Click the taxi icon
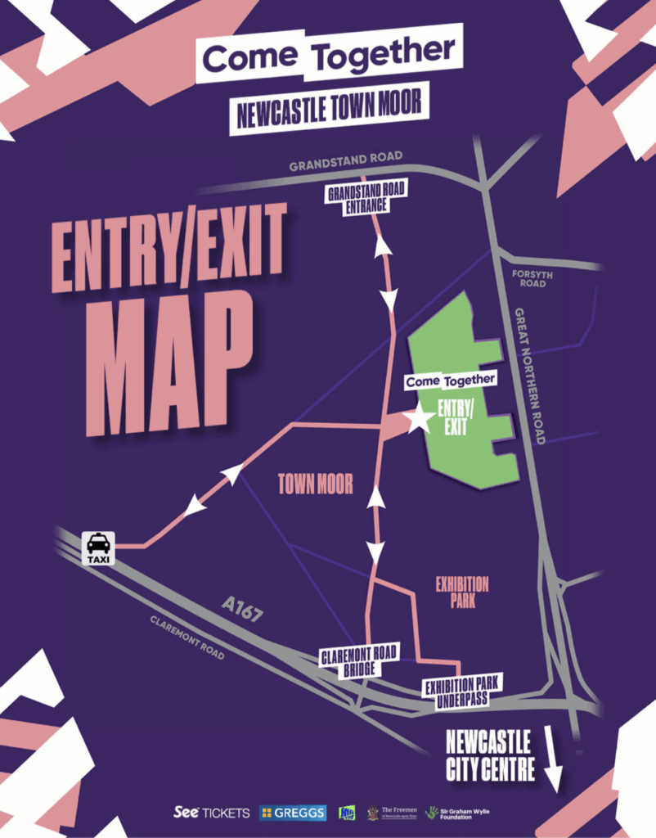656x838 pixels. click(98, 547)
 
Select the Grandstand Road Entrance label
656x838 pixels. click(367, 198)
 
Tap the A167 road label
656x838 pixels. click(242, 610)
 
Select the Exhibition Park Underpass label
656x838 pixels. click(462, 690)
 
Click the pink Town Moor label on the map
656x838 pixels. click(316, 484)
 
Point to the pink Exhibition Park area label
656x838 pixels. click(462, 593)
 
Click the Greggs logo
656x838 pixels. click(293, 813)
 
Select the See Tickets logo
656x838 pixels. click(212, 813)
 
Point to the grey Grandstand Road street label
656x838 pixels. click(346, 161)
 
